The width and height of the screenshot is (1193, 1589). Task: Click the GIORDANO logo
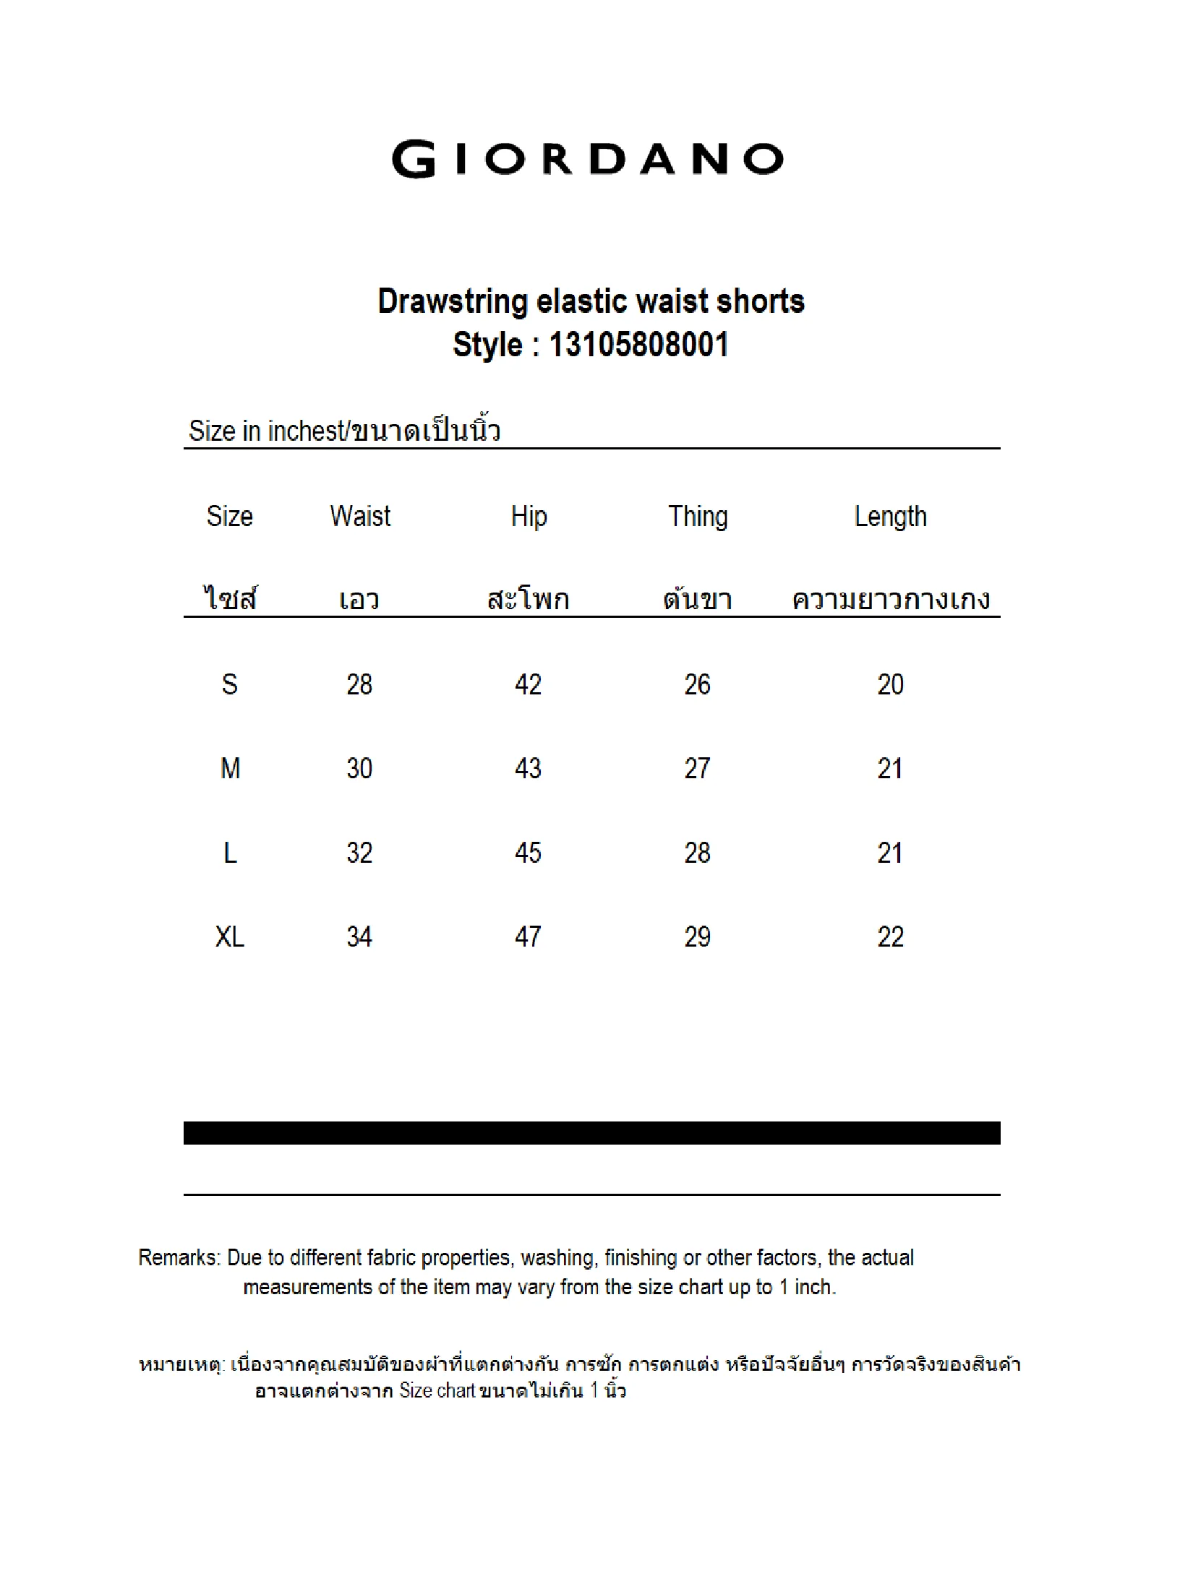(x=587, y=159)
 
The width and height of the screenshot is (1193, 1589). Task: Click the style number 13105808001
(x=638, y=345)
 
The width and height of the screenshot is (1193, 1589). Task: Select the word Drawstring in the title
(x=453, y=301)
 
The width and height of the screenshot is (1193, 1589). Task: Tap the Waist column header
(x=360, y=517)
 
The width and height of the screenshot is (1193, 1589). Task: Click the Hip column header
(x=529, y=517)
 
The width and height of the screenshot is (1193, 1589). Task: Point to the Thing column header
(x=698, y=517)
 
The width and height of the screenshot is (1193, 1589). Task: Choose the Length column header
(x=890, y=517)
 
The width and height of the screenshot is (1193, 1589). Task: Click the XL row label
(x=230, y=937)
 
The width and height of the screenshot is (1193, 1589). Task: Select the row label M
(x=230, y=768)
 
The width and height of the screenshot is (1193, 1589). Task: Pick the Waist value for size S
(x=359, y=684)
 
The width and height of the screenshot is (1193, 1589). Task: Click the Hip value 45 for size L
(x=529, y=853)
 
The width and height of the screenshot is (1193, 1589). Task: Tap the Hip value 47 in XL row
(x=529, y=937)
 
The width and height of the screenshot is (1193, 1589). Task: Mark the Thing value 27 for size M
(x=698, y=768)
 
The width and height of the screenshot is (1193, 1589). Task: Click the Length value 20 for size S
(x=890, y=684)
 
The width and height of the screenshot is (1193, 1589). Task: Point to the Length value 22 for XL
(x=890, y=937)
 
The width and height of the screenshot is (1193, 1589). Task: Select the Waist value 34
(x=359, y=937)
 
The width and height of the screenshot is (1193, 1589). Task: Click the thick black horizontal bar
(x=591, y=1133)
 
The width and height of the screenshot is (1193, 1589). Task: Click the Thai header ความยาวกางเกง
(x=891, y=600)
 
